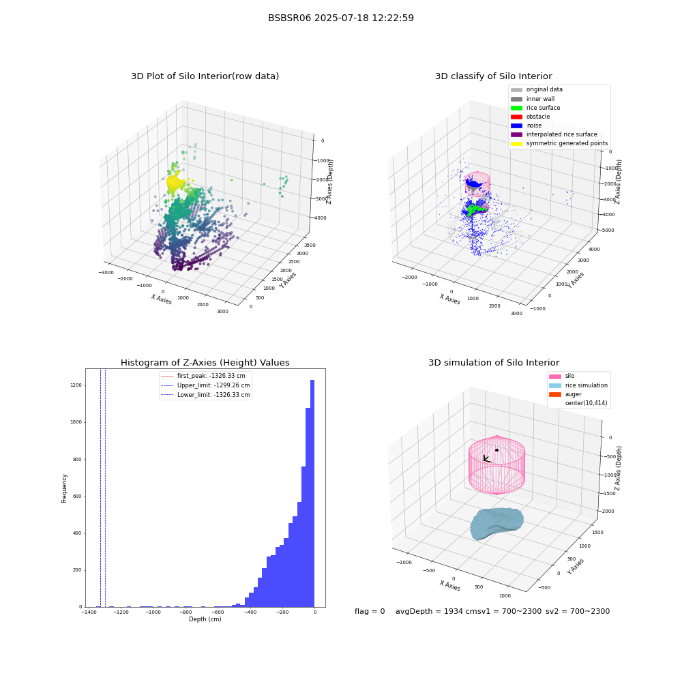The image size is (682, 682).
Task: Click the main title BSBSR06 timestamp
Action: point(340,18)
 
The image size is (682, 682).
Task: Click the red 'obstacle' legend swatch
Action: point(516,117)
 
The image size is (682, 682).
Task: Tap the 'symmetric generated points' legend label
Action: point(567,143)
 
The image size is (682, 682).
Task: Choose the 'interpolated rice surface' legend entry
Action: point(554,134)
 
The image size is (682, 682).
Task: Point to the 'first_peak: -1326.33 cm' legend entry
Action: point(203,376)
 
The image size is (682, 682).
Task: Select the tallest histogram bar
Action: point(312,493)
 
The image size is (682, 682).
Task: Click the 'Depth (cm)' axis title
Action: point(205,619)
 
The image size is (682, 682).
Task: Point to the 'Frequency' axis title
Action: point(64,488)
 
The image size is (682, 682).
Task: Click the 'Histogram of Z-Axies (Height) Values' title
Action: point(205,362)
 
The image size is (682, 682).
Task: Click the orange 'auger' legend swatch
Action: point(555,394)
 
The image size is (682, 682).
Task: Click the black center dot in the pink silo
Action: point(496,450)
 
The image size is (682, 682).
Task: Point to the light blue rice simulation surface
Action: point(496,523)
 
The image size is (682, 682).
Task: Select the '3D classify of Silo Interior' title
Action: point(494,76)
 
